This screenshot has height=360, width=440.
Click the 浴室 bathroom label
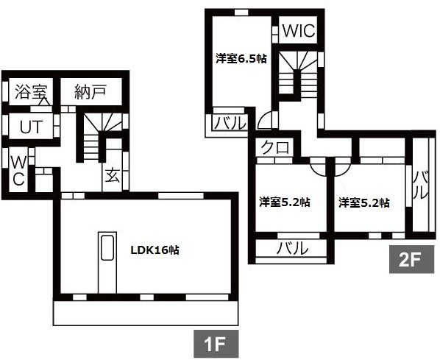pos(29,92)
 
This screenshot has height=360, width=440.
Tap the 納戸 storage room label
pos(91,91)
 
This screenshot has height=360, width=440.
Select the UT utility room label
pos(31,127)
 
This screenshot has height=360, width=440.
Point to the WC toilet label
pos(18,171)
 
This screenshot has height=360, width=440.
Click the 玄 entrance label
pos(113,176)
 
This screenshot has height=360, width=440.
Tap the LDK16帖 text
pos(155,250)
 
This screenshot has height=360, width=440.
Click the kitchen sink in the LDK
pos(107,248)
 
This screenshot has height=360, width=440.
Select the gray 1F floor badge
pos(216,344)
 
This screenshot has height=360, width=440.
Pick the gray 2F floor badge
pos(411,260)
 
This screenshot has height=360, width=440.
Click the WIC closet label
pos(299,31)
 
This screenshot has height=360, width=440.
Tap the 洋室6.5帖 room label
pos(241,59)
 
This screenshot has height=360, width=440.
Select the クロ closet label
pos(275,147)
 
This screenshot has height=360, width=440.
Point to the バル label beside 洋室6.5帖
pos(230,123)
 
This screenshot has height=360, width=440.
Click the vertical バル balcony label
pos(422,186)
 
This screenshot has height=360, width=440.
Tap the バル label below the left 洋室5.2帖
pos(292,248)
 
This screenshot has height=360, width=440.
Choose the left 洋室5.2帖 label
pos(285,202)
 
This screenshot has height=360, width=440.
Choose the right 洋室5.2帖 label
pos(363,202)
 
